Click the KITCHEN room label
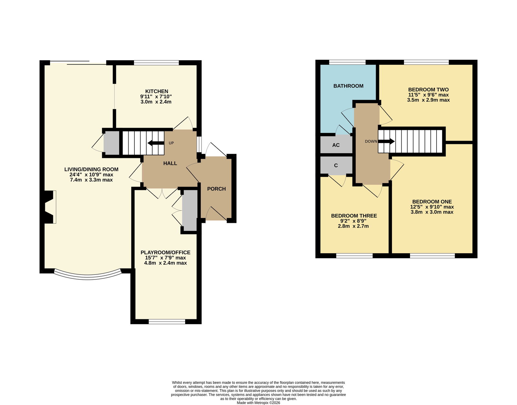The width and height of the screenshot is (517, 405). [156, 91]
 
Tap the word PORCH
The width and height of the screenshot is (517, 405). [216, 189]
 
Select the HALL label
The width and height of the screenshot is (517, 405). [170, 163]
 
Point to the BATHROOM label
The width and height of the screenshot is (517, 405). [348, 86]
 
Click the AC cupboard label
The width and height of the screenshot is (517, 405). [336, 145]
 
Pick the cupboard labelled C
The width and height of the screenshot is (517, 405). [336, 166]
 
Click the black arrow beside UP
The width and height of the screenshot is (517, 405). [156, 143]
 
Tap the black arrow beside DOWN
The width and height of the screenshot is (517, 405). [386, 141]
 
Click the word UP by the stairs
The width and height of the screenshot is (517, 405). [171, 143]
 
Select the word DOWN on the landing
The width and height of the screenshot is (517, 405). [371, 141]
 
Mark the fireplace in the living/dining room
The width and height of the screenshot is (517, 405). [49, 207]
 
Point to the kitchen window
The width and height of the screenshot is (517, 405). [156, 63]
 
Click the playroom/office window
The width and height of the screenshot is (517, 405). [167, 322]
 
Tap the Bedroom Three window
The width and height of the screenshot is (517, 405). [354, 256]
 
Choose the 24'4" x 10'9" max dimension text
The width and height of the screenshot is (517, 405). [91, 175]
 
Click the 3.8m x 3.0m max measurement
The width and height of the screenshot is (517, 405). [432, 212]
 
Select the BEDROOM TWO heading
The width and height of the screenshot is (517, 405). [428, 90]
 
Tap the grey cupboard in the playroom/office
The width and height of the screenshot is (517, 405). [190, 211]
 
